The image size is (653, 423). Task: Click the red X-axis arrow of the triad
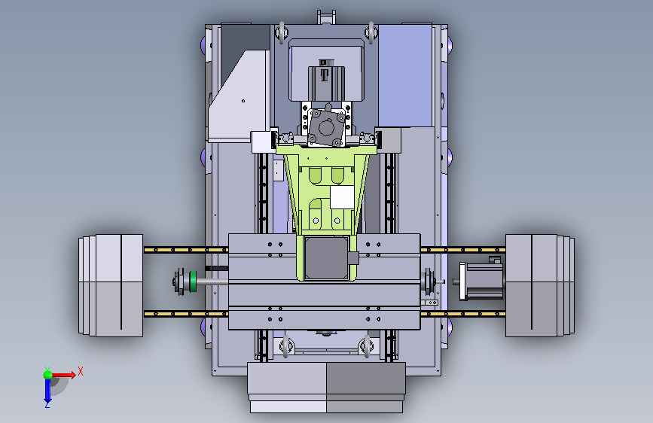63,375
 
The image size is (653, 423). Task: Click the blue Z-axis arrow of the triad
47,391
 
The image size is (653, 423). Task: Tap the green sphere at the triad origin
47,375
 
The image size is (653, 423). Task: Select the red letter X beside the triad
81,371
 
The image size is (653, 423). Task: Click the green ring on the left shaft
193,281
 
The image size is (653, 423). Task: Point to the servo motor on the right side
481,280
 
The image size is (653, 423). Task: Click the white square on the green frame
342,197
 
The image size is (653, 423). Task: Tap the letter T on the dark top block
325,75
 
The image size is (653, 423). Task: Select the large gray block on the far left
111,285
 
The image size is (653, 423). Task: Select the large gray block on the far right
540,285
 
